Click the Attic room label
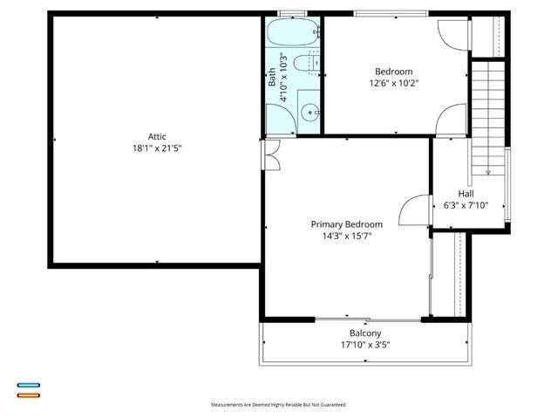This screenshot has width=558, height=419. pos(157,136)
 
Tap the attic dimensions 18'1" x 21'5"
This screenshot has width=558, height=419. pos(157,148)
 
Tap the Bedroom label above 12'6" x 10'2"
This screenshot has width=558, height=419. pos(393,72)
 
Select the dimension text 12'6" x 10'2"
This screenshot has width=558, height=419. pos(393,84)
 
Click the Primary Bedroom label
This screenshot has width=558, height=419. pos(347,224)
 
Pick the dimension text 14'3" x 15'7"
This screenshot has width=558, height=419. pos(347,237)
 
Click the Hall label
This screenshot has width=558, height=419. pos(466,194)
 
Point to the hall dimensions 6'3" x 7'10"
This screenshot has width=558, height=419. pos(466,206)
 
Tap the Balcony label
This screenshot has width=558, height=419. pos(365,333)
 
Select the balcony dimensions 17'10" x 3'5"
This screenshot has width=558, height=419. pos(365,346)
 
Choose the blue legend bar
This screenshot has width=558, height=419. pos(28,385)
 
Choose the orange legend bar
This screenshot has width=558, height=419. pos(28,395)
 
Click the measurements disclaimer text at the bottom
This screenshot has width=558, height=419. pos(279,405)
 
